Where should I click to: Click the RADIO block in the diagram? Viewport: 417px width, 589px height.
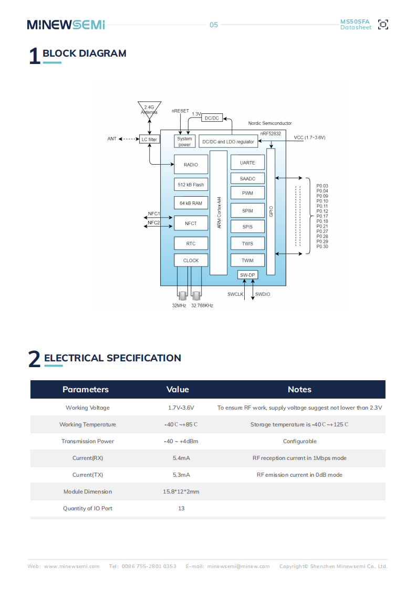click(191, 165)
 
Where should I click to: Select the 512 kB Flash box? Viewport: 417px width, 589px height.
click(191, 185)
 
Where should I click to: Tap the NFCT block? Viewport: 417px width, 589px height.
click(191, 223)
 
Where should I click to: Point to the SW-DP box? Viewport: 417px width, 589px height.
click(247, 275)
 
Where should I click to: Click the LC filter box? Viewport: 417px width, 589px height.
click(149, 140)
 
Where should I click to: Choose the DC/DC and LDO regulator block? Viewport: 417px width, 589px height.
click(228, 142)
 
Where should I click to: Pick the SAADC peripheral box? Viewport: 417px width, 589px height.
click(247, 179)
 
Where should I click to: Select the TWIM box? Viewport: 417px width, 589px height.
click(247, 260)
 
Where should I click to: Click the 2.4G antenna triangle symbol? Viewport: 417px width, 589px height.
click(149, 109)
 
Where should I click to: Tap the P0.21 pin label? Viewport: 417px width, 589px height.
click(322, 226)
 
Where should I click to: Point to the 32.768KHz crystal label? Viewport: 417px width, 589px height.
click(202, 305)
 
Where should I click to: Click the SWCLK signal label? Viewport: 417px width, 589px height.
click(235, 294)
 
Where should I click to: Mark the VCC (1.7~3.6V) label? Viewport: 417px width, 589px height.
click(309, 137)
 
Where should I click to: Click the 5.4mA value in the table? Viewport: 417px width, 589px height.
click(181, 458)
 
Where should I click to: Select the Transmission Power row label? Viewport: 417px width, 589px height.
click(88, 441)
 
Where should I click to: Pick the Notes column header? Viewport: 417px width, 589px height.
click(299, 389)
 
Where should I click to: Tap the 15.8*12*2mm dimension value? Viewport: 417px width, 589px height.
click(181, 491)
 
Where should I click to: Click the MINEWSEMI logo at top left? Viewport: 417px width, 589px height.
click(66, 25)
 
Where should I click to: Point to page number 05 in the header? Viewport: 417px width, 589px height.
click(214, 25)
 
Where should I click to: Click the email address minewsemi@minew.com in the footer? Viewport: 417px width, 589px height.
click(238, 566)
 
